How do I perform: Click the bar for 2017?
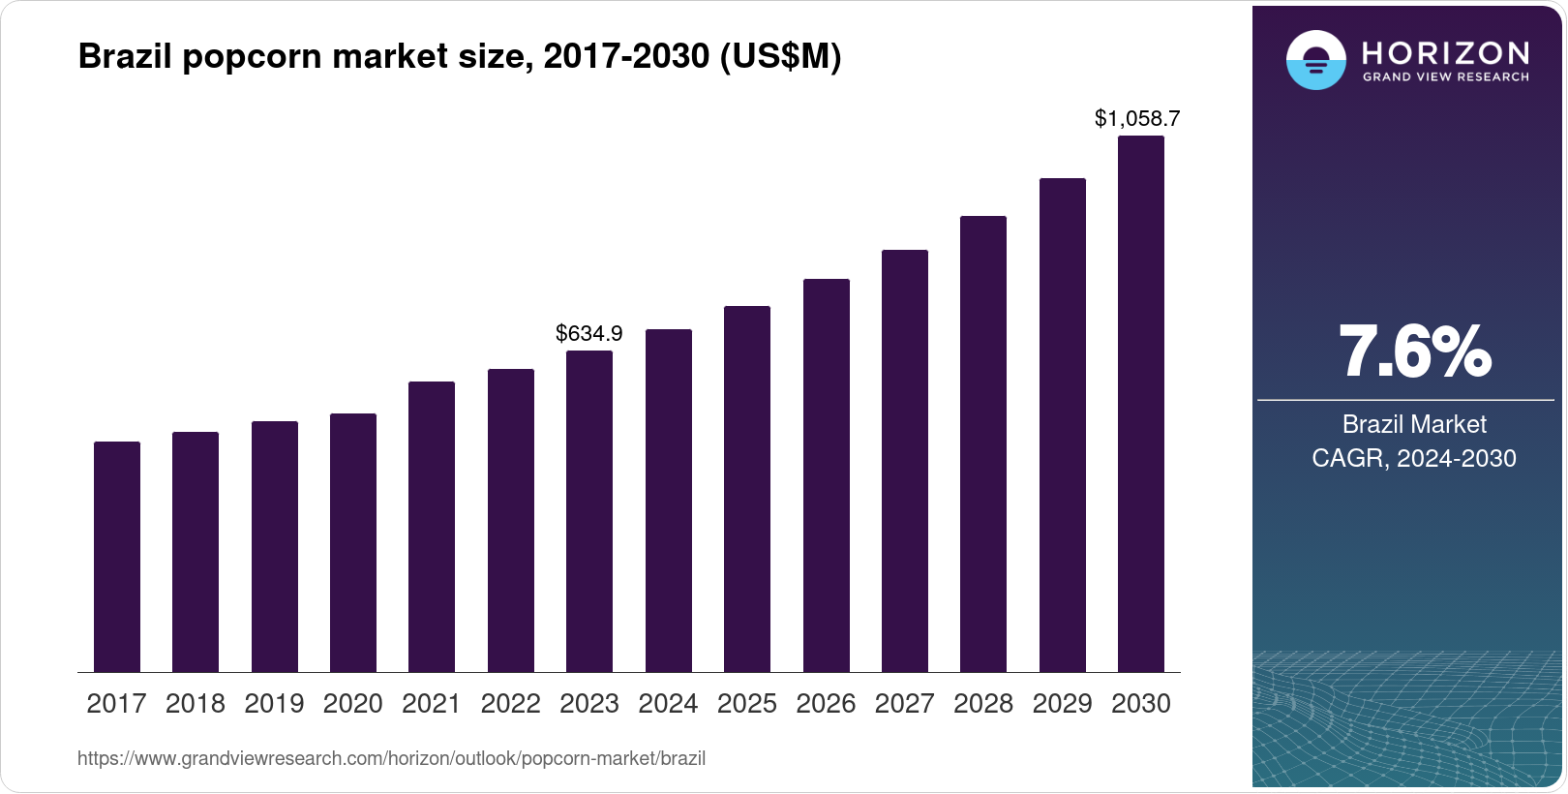point(117,557)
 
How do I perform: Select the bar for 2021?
point(432,527)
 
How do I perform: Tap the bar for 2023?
point(589,511)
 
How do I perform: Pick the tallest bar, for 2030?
point(1141,404)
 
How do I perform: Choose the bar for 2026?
point(827,475)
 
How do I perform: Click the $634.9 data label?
point(589,334)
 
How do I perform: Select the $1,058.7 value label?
point(1137,119)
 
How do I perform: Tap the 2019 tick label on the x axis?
point(274,704)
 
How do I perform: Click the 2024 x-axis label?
point(668,704)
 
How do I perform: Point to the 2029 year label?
point(1062,704)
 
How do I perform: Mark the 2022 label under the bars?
point(510,704)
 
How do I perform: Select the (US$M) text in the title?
point(780,57)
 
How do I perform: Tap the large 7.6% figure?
point(1414,352)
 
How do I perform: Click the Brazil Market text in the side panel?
point(1414,424)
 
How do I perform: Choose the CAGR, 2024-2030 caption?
point(1414,458)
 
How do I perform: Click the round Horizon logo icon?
point(1315,60)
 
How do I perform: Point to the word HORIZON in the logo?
point(1445,52)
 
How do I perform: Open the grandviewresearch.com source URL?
point(391,759)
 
